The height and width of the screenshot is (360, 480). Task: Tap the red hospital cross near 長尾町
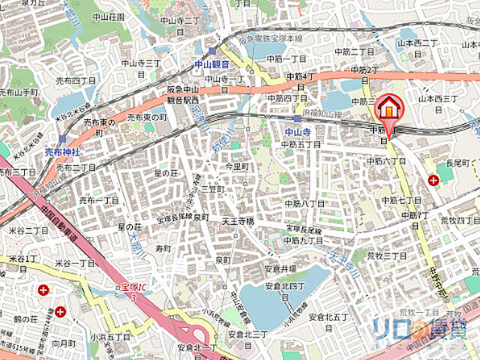(433, 180)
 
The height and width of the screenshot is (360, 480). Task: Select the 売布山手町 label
(19, 93)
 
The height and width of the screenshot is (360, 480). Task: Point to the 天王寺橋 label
(238, 222)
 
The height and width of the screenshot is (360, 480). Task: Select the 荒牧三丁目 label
(385, 256)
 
